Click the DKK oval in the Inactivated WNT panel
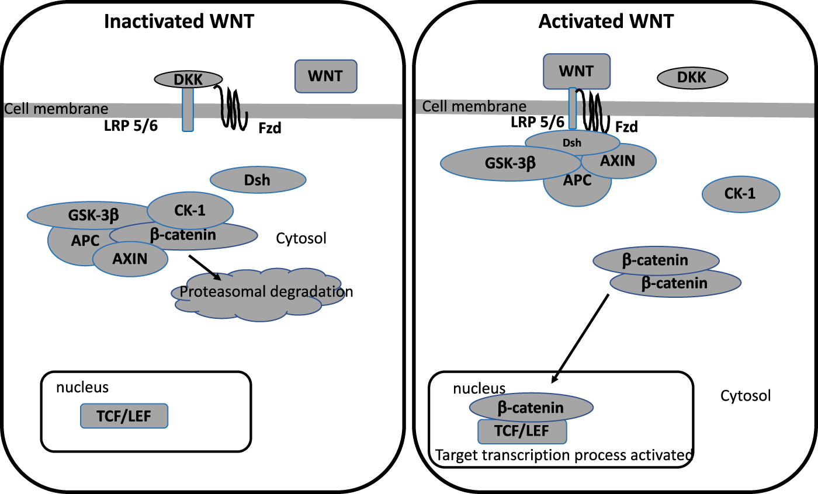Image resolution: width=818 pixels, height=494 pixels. click(x=188, y=79)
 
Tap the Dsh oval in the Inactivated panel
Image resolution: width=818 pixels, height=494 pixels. click(x=258, y=180)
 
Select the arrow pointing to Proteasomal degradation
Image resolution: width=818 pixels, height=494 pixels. click(x=204, y=268)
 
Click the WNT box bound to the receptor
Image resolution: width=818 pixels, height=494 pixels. click(x=577, y=71)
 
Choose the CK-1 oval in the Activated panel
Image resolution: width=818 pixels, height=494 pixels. click(x=740, y=194)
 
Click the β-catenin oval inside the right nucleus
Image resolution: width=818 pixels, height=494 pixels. click(x=531, y=407)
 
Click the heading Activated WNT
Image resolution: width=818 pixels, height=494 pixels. click(x=606, y=22)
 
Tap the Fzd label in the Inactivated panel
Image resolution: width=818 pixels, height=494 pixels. click(x=270, y=127)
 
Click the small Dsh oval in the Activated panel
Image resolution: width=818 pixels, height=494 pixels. click(x=572, y=141)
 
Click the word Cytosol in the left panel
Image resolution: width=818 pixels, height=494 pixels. click(x=301, y=238)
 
